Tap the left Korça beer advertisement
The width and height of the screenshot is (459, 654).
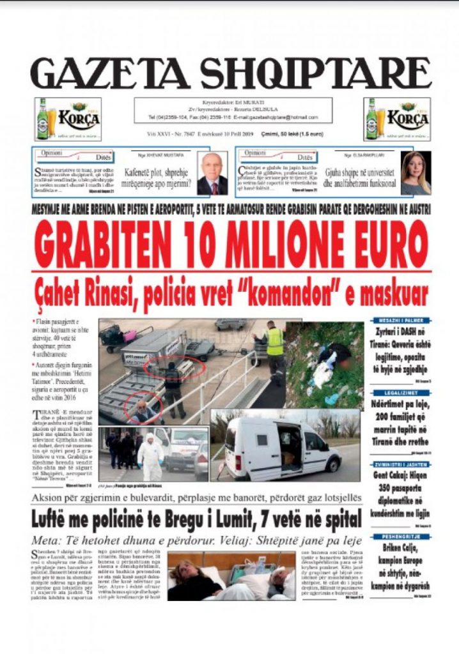pos(64,119)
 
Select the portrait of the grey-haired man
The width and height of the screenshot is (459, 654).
pos(212,173)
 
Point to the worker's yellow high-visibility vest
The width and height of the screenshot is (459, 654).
pos(275,342)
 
